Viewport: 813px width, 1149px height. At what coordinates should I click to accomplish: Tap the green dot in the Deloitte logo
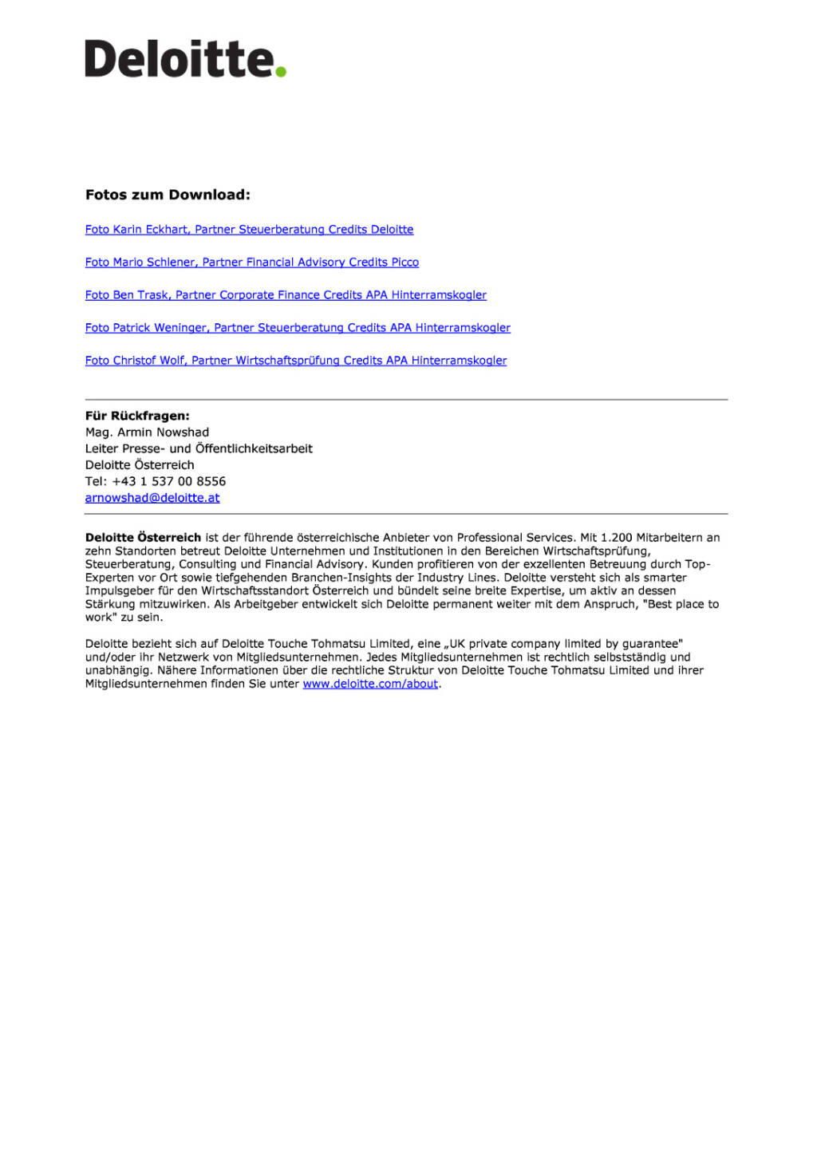coord(280,72)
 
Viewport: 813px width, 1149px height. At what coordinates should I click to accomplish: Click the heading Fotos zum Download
coord(168,195)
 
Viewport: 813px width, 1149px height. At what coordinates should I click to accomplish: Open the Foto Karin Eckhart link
coord(249,230)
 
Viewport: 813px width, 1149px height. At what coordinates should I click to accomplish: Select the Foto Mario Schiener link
coord(251,263)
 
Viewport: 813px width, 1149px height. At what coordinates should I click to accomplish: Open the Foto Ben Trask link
coord(286,295)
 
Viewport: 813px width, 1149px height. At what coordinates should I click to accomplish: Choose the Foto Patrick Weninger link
coord(298,328)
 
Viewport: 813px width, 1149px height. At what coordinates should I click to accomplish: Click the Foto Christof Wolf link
coord(295,361)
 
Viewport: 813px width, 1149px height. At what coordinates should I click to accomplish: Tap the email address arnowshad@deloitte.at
coord(152,498)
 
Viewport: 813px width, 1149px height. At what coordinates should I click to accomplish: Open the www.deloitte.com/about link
coord(370,684)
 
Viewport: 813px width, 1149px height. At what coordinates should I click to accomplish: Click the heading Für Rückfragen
coord(137,416)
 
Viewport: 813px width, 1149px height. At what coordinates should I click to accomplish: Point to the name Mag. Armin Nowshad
coord(147,432)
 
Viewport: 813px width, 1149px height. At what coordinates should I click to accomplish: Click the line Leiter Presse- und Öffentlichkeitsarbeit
coord(199,448)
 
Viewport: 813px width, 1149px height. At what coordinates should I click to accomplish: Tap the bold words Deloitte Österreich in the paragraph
coord(143,538)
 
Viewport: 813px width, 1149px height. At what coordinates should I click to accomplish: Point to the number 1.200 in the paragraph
coord(616,538)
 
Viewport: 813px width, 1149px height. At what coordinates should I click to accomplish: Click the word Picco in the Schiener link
coord(405,263)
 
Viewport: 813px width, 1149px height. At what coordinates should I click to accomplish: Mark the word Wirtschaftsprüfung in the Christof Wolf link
coord(287,361)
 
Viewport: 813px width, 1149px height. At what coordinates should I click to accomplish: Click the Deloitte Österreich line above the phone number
coord(140,465)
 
